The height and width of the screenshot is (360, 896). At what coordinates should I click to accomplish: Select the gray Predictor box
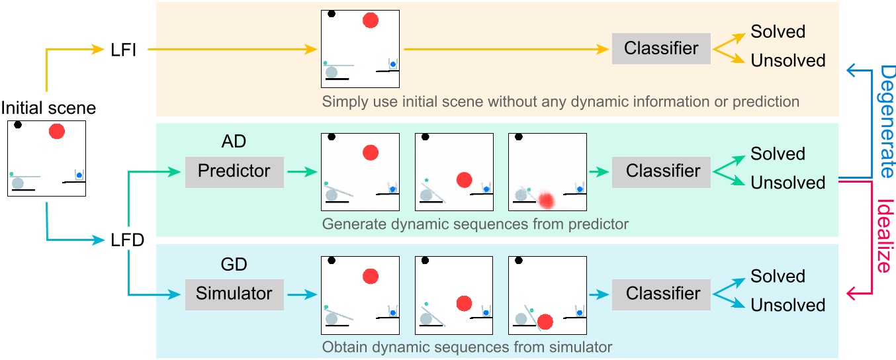pyautogui.click(x=234, y=171)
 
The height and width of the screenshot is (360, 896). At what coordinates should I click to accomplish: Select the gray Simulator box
pyautogui.click(x=234, y=293)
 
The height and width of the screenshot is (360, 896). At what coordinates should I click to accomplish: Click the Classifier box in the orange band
pyautogui.click(x=661, y=49)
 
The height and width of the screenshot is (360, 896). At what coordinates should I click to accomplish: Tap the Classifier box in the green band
pyautogui.click(x=663, y=171)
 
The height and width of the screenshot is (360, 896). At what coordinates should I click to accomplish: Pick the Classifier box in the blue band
pyautogui.click(x=663, y=293)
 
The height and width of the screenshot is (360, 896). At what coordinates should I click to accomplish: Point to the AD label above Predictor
pyautogui.click(x=234, y=143)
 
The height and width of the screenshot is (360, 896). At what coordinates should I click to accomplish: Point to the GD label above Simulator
pyautogui.click(x=234, y=265)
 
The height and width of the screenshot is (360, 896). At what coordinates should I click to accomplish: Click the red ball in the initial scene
pyautogui.click(x=58, y=131)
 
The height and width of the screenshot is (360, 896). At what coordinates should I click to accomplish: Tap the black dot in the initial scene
pyautogui.click(x=18, y=124)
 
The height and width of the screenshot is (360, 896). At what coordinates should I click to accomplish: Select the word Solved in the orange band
pyautogui.click(x=778, y=32)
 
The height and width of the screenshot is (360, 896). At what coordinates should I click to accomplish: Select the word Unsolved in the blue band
pyautogui.click(x=787, y=306)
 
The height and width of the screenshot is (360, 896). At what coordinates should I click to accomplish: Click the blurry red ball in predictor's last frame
pyautogui.click(x=545, y=199)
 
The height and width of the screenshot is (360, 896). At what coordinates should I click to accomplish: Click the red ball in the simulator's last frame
pyautogui.click(x=545, y=322)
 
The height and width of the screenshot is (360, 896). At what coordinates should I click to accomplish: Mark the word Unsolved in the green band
pyautogui.click(x=787, y=183)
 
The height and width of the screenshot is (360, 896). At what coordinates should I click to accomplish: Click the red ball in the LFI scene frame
pyautogui.click(x=371, y=21)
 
